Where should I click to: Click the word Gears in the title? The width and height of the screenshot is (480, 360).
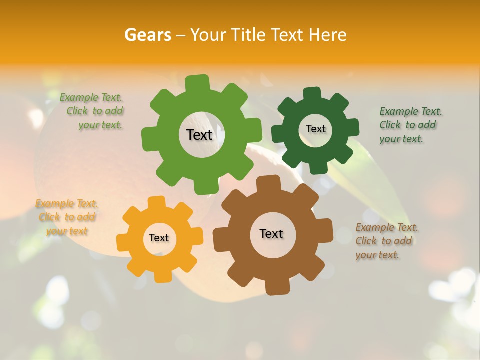[x=148, y=35]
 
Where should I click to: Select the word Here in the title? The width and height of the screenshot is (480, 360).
[x=327, y=35]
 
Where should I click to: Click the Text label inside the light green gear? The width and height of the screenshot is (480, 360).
[x=199, y=135]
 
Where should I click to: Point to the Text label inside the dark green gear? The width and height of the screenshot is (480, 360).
[x=315, y=129]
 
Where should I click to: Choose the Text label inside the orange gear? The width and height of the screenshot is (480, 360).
[x=159, y=238]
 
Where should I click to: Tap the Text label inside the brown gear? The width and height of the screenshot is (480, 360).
[x=271, y=234]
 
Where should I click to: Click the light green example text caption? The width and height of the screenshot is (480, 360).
[x=93, y=111]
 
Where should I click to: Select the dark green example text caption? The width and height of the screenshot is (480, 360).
[x=410, y=125]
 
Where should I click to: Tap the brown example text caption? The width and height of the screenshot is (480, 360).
[x=386, y=241]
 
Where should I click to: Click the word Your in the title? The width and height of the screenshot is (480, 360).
[x=209, y=35]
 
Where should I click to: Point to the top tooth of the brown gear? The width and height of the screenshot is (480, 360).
[x=268, y=183]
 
